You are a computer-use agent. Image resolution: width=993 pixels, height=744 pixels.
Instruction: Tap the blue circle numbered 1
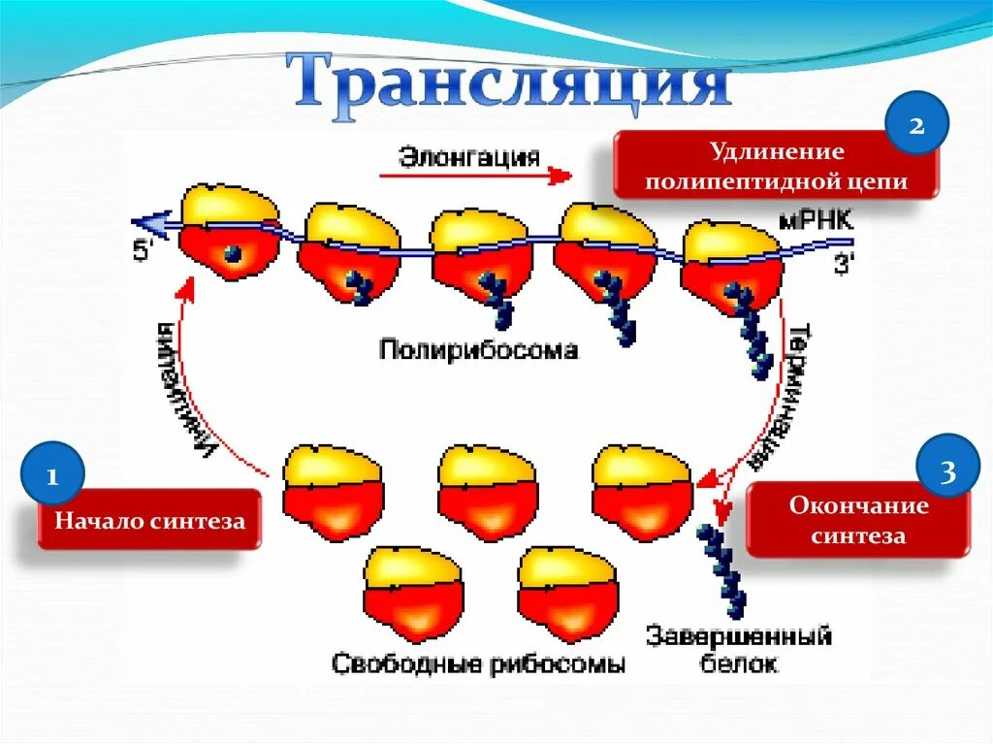[x=53, y=475]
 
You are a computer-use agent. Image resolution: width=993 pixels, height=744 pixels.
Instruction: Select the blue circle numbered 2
[x=916, y=127]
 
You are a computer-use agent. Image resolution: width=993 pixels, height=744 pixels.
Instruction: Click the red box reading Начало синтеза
[x=150, y=521]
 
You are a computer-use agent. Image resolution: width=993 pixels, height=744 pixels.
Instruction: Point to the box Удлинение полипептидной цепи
[x=777, y=167]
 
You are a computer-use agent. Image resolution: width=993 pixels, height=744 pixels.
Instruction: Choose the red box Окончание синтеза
[x=858, y=521]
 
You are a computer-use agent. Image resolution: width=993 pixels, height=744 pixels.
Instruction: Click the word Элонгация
[x=468, y=156]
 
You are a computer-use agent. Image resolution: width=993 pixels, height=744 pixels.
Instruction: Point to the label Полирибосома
[x=478, y=349]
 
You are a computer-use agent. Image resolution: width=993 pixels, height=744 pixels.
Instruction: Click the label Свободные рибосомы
[x=478, y=664]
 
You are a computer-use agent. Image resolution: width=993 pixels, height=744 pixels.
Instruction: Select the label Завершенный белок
[x=738, y=651]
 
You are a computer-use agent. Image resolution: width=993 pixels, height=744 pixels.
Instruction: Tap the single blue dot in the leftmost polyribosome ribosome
[x=233, y=254]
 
